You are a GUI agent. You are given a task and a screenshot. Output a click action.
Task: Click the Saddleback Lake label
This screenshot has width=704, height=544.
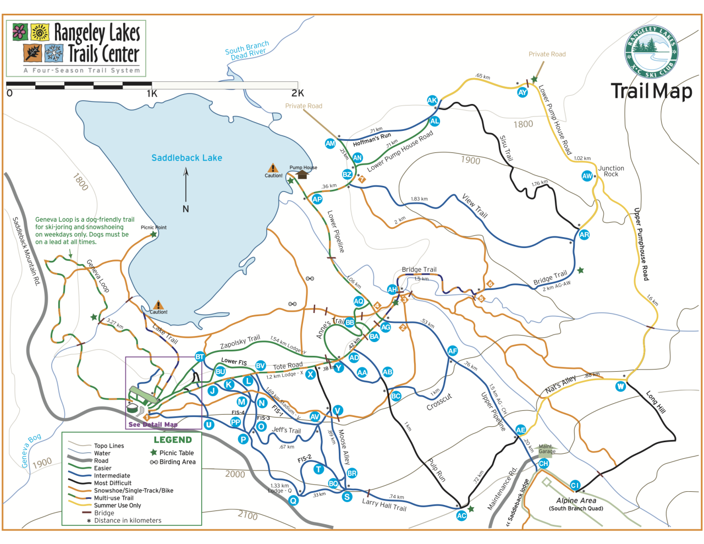click(x=186, y=158)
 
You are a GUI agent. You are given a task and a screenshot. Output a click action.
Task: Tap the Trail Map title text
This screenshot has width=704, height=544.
click(x=651, y=91)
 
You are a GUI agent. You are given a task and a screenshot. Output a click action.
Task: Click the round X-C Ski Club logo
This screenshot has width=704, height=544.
click(x=651, y=52)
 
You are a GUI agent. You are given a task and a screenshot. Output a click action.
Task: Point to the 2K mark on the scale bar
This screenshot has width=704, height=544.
click(x=298, y=93)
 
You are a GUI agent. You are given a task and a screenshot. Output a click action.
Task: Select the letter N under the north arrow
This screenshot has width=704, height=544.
click(x=185, y=208)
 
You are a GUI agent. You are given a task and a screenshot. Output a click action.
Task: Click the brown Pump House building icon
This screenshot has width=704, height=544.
click(x=302, y=175)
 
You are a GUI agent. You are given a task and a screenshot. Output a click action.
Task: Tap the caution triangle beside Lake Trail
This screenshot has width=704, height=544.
click(x=158, y=305)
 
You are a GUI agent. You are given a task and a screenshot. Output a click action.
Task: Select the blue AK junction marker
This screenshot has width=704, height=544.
click(x=432, y=100)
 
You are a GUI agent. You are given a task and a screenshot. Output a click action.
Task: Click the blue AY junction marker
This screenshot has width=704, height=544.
click(x=522, y=92)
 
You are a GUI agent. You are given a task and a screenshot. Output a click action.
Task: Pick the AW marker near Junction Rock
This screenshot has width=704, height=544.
click(x=587, y=176)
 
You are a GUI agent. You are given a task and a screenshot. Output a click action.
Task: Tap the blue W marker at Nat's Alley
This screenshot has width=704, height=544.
click(x=620, y=386)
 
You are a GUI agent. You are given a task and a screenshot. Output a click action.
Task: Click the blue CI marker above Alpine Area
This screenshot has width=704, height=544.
click(x=575, y=485)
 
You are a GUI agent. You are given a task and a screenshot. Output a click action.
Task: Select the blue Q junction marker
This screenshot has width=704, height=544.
click(x=293, y=500)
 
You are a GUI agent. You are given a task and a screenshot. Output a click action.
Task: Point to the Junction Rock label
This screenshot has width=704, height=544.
click(x=611, y=171)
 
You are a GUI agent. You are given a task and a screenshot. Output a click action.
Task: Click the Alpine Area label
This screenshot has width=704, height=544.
click(x=576, y=501)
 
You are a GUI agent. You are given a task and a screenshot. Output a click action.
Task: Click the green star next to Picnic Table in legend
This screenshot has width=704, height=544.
click(x=154, y=453)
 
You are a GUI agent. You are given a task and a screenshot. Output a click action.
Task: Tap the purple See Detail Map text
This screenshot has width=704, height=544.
click(x=153, y=425)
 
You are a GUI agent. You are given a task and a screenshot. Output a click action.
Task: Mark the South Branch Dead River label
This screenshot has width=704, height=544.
click(x=248, y=50)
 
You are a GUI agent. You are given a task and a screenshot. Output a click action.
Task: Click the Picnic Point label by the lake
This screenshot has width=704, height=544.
click(x=153, y=227)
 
